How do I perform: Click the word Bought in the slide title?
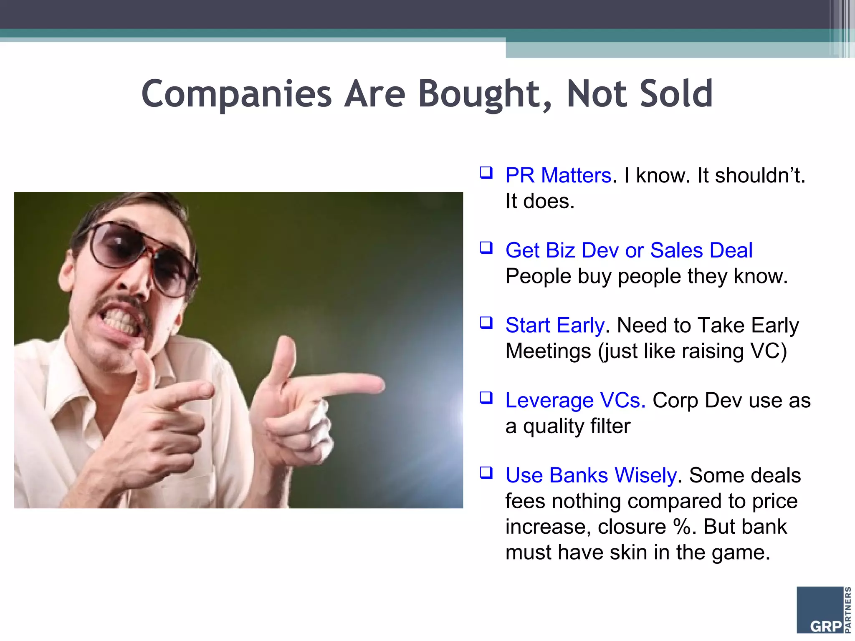[485, 94]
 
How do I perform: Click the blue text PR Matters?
[558, 175]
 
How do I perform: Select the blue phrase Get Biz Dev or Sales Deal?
[629, 250]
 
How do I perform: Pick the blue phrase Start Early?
[555, 325]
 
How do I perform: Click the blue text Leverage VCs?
[575, 400]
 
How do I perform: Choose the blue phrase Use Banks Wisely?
[591, 475]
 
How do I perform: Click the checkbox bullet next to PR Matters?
[486, 172]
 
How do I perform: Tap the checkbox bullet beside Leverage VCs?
[486, 397]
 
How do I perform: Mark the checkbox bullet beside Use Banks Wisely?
[486, 472]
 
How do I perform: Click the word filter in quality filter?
[610, 426]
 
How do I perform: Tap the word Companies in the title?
[236, 94]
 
